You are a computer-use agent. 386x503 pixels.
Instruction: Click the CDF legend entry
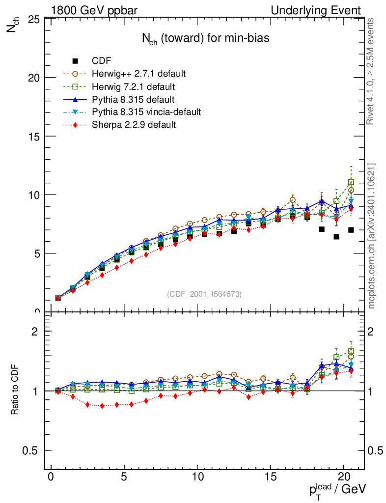[102, 61]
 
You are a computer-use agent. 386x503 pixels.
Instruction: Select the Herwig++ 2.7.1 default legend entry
[138, 74]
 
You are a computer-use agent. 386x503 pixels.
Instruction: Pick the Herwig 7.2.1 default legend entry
[133, 87]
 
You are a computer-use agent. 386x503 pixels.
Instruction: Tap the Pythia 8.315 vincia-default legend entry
[146, 112]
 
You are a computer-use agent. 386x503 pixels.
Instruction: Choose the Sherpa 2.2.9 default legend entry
[134, 125]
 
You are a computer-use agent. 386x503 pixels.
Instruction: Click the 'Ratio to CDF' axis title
[14, 391]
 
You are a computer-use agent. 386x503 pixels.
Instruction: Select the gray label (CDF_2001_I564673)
[204, 294]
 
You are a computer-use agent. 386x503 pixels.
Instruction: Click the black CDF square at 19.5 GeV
[336, 237]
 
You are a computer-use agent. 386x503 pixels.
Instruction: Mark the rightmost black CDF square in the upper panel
[351, 230]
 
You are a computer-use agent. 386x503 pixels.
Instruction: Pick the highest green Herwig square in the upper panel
[351, 182]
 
